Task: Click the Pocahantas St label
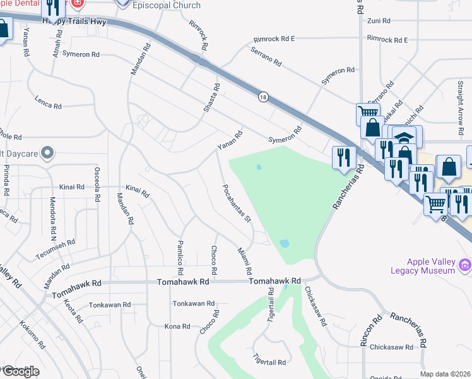tap(237, 203)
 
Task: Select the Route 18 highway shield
tap(263, 97)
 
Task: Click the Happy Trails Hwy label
tap(74, 21)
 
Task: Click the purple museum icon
tap(466, 263)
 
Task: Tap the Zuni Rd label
tap(379, 21)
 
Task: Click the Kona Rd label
tap(177, 327)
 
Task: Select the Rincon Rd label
tap(371, 331)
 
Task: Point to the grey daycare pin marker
tap(47, 153)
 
